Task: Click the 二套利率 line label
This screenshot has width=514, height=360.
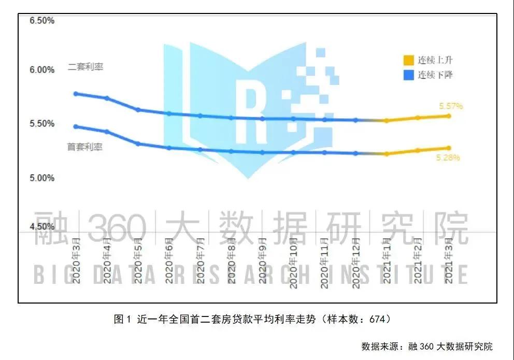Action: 85,67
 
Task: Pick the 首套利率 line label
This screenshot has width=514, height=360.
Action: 85,147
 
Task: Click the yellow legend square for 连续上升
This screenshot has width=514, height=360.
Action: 409,60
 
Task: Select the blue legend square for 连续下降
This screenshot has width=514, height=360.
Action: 409,75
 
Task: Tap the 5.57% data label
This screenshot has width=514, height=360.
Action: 451,106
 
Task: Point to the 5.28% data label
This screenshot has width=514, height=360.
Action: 448,157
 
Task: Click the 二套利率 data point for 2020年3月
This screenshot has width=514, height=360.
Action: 76,94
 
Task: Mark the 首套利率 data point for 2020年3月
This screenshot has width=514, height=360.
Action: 76,126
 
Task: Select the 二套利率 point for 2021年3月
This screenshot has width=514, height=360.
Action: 449,116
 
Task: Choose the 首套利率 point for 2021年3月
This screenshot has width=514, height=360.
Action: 449,148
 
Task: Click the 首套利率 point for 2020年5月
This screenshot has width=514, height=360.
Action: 138,143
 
